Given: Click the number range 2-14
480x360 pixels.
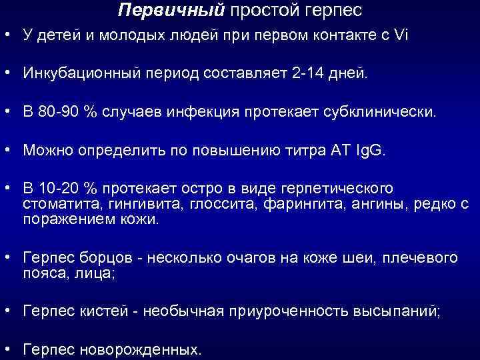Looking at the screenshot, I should pyautogui.click(x=313, y=73).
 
